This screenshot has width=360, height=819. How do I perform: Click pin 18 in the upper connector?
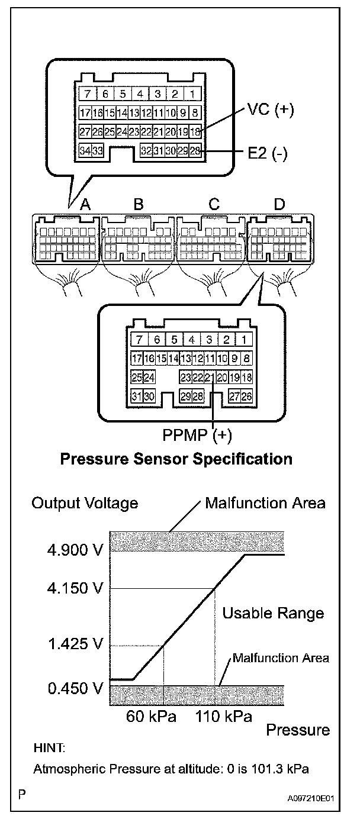click(x=195, y=132)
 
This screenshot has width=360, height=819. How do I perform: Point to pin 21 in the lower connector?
click(x=210, y=377)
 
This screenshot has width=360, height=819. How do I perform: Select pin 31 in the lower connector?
click(x=136, y=396)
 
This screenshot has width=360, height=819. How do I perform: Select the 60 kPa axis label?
click(x=152, y=717)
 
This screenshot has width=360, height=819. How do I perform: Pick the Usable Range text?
click(x=273, y=613)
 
